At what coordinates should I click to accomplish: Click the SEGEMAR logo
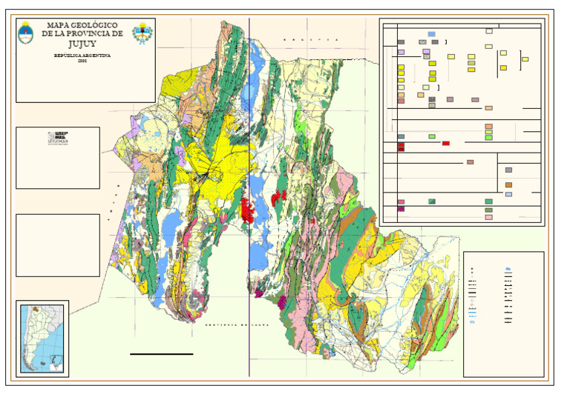tap(57, 137)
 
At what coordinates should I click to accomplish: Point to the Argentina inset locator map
tap(42, 337)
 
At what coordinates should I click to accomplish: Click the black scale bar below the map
tap(161, 354)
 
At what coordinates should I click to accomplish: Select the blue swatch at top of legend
tap(431, 34)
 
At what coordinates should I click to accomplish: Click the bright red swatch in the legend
tap(446, 143)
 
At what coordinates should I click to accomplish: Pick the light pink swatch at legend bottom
tap(488, 218)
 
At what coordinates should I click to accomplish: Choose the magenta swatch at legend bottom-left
tap(402, 210)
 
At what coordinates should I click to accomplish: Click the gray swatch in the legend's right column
tap(508, 170)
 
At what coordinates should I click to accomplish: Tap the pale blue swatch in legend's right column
tap(508, 194)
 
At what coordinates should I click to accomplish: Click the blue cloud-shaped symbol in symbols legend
tap(508, 269)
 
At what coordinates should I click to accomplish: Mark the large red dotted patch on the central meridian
tap(247, 209)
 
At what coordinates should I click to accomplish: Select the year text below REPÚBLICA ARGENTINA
tap(82, 61)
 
